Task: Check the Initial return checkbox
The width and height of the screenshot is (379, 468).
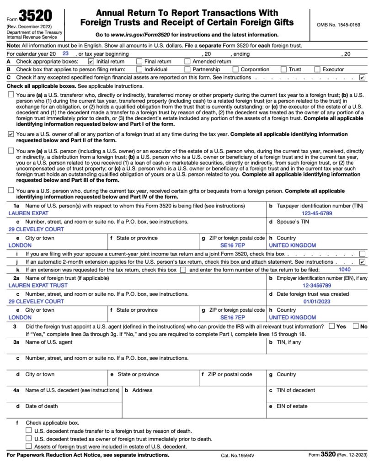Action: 91,61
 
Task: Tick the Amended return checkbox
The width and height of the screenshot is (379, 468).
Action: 187,61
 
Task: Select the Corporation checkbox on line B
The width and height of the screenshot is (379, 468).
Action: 235,69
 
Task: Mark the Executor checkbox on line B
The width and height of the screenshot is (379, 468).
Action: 317,69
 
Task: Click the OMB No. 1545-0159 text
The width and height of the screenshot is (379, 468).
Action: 338,25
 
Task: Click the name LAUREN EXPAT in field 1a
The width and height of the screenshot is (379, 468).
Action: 28,213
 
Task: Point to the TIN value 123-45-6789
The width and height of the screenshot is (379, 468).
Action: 317,213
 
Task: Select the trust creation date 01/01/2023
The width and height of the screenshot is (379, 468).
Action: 317,302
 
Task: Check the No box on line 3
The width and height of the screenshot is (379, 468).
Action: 356,326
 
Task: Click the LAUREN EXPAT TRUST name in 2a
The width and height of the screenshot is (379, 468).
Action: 38,285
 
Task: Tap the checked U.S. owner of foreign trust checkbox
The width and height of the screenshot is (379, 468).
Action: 11,134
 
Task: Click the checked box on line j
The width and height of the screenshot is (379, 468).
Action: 363,262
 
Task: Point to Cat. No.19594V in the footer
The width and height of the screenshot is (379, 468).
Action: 237,456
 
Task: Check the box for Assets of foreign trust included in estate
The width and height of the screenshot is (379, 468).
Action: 29,446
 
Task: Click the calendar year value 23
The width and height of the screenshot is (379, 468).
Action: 65,53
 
